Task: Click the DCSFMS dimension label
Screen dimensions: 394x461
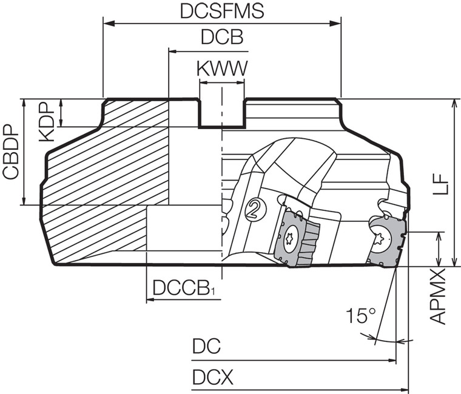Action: click(223, 12)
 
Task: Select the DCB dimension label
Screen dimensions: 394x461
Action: click(222, 38)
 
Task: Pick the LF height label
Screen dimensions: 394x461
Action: click(444, 182)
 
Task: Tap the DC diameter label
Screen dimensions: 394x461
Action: click(206, 347)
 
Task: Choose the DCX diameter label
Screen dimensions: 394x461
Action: click(213, 378)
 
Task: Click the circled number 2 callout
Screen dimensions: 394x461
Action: click(256, 210)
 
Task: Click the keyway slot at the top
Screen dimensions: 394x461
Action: click(222, 113)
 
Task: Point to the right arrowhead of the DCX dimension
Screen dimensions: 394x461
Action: click(405, 389)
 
